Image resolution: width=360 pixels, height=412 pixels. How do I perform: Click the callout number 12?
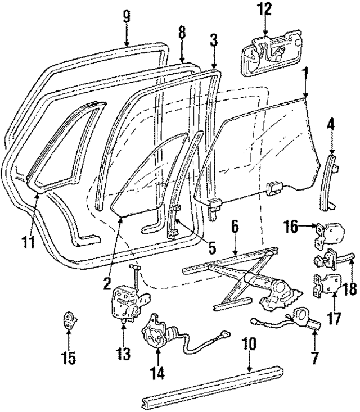coord(264,8)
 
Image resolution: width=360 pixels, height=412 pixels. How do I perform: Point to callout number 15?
coord(69,357)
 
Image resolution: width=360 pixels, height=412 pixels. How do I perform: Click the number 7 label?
coord(313,357)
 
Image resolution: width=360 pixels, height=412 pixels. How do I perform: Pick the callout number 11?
coord(29,243)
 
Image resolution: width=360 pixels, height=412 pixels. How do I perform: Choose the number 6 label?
coord(235,226)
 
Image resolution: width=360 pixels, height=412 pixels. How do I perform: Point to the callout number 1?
coord(305,73)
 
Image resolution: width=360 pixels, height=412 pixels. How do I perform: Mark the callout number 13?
coord(123,354)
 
